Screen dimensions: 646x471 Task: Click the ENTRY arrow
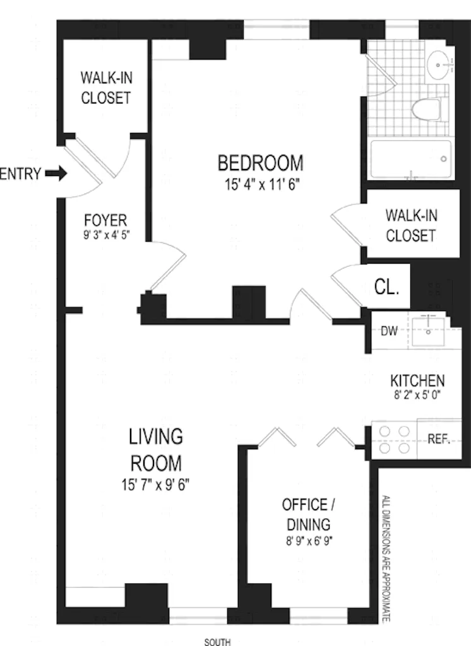[56, 173]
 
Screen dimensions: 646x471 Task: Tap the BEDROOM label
[260, 163]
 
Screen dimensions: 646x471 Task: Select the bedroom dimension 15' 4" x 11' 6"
[260, 185]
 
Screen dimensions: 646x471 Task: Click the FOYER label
[105, 221]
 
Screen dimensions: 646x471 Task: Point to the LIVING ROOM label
[156, 450]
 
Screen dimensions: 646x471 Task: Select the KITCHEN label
[417, 381]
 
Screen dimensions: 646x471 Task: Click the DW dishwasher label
[389, 331]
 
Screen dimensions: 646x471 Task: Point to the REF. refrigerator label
[438, 440]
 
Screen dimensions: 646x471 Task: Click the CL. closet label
[386, 288]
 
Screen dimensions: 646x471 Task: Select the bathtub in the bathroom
[411, 158]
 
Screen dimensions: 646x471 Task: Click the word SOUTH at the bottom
[217, 642]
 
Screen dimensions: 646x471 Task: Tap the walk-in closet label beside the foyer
[105, 88]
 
